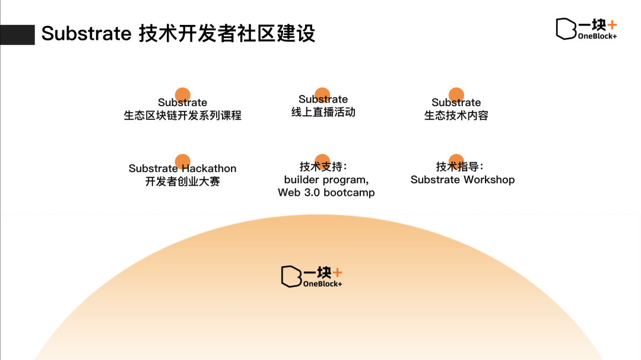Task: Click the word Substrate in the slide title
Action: click(86, 34)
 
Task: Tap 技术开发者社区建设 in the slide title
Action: click(227, 34)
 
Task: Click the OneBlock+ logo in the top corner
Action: click(586, 28)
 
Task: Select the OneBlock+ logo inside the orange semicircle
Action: click(312, 277)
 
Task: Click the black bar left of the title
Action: click(17, 34)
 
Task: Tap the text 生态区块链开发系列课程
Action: click(182, 116)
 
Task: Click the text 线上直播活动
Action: click(323, 112)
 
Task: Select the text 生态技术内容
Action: click(456, 116)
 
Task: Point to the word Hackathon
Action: click(208, 168)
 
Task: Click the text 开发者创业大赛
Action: click(182, 181)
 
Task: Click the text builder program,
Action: click(326, 180)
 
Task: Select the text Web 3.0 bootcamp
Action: click(326, 193)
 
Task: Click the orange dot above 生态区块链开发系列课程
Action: click(183, 94)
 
